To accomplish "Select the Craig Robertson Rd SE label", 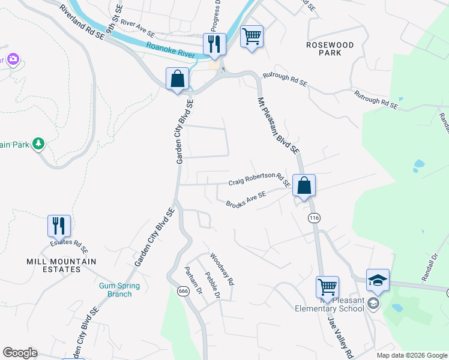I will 259,181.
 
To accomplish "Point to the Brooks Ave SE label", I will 246,200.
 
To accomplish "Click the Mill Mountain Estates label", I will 61,265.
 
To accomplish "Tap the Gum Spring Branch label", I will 119,290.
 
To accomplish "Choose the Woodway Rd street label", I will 221,269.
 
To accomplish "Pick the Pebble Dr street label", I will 212,287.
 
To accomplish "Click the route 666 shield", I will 183,291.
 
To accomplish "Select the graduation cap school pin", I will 378,280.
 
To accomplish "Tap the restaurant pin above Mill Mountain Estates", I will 59,226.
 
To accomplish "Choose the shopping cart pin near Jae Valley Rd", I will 327,287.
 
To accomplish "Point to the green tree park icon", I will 38,143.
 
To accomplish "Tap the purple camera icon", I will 13,59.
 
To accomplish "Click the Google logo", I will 20,353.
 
